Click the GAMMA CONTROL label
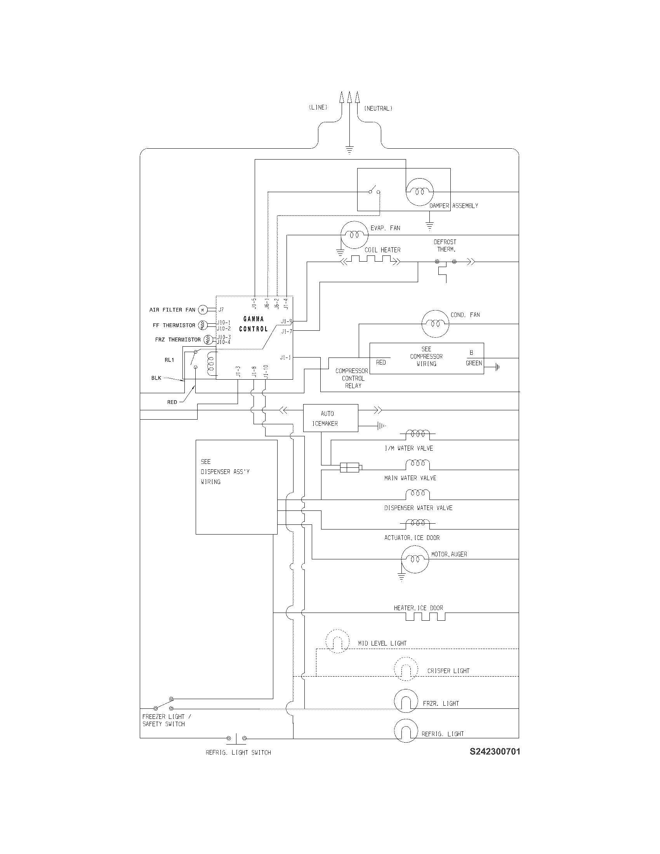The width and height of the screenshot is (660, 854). click(254, 324)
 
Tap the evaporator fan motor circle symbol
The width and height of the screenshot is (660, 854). click(354, 234)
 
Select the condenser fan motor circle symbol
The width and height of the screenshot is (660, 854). click(436, 324)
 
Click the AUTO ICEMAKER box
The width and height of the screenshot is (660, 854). click(330, 418)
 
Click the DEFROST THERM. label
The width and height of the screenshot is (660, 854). click(445, 246)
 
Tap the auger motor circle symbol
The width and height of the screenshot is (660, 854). click(415, 559)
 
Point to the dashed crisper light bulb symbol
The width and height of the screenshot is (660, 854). click(406, 670)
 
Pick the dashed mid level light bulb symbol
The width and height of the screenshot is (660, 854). click(337, 641)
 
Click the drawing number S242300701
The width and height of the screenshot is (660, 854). click(495, 752)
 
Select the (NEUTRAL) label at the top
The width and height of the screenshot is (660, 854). click(378, 108)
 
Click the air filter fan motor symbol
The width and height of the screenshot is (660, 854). click(202, 310)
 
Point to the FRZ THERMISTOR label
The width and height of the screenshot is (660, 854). click(177, 340)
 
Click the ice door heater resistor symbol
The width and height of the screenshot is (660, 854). click(426, 617)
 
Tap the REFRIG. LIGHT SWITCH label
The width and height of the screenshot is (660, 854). click(238, 752)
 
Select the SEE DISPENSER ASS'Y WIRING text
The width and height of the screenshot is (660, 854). click(225, 472)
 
